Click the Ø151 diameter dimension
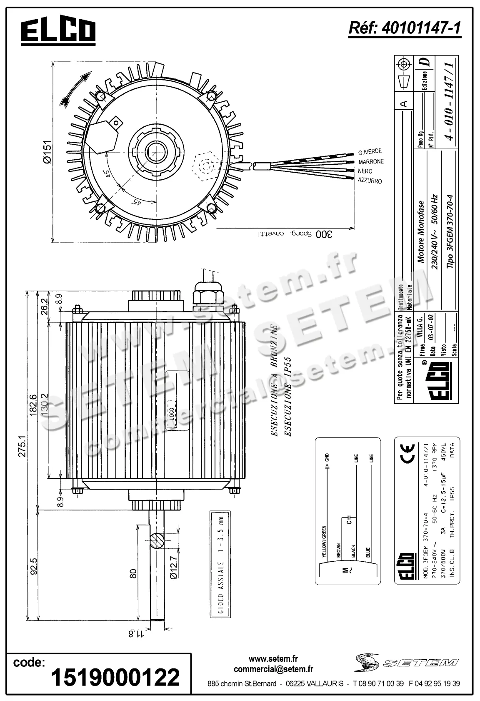(x=47, y=152)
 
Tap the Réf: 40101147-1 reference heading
(x=404, y=28)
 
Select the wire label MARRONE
(x=370, y=162)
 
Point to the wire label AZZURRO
(x=370, y=181)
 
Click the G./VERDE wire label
(x=370, y=151)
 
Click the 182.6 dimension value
(x=33, y=405)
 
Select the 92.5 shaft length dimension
(x=34, y=567)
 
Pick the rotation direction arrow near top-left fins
(x=75, y=89)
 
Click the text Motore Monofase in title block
(x=421, y=232)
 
